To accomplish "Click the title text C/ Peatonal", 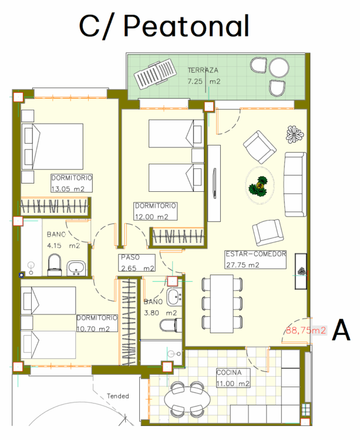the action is point(164,26).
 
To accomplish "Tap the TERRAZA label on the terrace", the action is point(203,70).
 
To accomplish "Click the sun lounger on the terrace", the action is point(155,74).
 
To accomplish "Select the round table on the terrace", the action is point(279,67).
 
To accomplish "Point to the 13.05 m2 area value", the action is point(68,189).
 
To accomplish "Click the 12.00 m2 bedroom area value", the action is point(152,216).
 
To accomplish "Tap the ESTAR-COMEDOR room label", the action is point(256,254).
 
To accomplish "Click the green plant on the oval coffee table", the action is point(258,187).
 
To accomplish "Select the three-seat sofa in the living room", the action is point(295,184).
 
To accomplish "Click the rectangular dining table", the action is point(222,304).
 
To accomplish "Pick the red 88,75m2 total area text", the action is point(306,330).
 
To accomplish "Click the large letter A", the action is point(341,330).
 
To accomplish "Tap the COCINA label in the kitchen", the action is point(229,373).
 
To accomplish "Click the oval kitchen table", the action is point(187,399).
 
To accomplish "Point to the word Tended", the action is point(118,396).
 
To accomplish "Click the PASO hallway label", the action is point(130,257).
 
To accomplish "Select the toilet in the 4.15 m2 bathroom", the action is point(55,265).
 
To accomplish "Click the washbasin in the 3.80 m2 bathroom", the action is point(174,297).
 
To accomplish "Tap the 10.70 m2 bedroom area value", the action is point(93,329).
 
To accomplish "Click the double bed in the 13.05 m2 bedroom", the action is point(52,147).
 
